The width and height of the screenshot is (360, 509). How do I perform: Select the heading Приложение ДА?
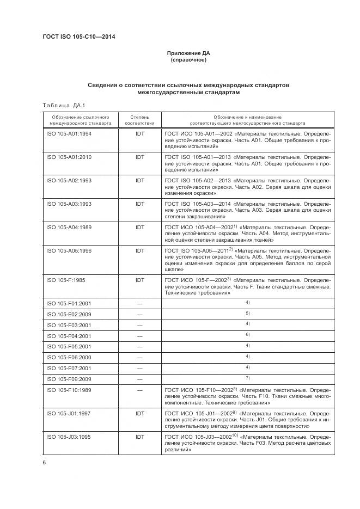(188, 53)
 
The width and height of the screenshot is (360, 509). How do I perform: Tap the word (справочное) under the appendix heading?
(188, 60)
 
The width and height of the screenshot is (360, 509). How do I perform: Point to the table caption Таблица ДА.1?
(60, 105)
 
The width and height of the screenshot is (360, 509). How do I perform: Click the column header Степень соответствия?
(139, 120)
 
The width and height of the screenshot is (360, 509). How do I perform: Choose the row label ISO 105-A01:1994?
(69, 133)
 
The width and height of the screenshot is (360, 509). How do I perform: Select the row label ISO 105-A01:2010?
(69, 157)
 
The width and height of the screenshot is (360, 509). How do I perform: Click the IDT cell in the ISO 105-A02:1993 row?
(139, 180)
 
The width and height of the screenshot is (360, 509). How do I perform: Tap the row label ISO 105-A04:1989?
(69, 227)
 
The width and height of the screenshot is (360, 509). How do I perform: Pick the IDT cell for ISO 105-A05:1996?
(139, 250)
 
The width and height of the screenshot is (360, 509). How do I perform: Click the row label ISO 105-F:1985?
(65, 280)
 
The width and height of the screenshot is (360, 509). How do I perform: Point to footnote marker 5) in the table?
(247, 314)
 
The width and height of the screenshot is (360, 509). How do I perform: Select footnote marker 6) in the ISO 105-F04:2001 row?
(247, 335)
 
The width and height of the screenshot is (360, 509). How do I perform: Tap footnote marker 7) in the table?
(247, 378)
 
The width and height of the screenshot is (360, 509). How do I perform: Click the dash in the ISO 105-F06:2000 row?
(139, 357)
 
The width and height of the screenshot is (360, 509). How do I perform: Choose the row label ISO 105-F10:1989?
(69, 390)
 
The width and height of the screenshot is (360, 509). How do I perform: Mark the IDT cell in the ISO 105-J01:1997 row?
(139, 414)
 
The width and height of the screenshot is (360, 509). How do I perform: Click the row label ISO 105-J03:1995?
(69, 437)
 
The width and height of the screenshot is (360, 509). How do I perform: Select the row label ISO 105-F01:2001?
(69, 303)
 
